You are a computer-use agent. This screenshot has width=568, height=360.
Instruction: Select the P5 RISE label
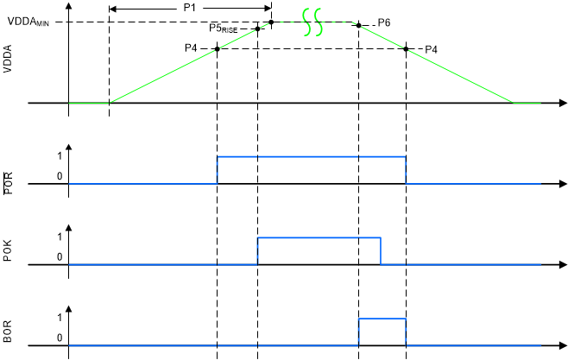228,28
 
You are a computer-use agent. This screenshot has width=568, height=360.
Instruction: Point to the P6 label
384,22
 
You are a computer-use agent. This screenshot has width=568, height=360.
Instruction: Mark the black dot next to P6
359,26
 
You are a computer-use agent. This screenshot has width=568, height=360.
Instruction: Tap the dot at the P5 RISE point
258,28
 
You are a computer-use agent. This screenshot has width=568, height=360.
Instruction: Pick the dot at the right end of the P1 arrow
272,22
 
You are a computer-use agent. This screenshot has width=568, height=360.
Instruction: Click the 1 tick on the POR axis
58,156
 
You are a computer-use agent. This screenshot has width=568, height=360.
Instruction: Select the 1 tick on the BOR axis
58,319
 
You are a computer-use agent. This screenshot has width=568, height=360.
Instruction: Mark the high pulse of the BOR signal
382,319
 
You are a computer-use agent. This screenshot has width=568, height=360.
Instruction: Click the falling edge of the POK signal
382,250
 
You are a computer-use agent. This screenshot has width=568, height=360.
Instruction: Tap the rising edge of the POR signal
217,170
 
